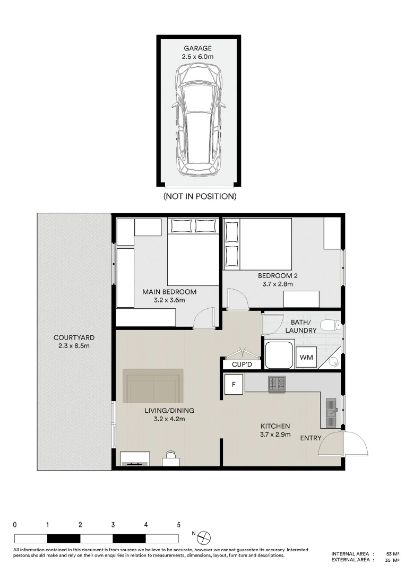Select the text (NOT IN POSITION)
point(199,196)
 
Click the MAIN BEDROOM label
point(169,292)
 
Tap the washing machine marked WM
point(306,358)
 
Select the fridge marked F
point(234,384)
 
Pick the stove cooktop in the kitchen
point(277,384)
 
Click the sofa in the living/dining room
point(153,386)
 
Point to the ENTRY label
point(311,438)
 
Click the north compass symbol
point(204,539)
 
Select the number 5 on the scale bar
point(178,525)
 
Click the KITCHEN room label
point(275,426)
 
